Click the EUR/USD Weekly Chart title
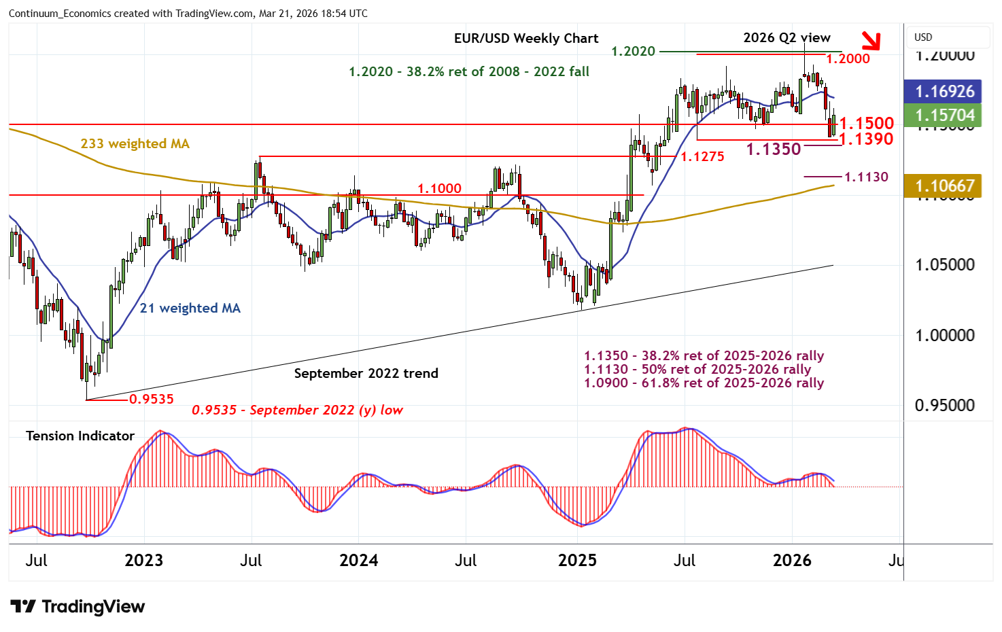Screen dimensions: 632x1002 pyautogui.click(x=526, y=39)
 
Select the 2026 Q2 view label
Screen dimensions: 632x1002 pyautogui.click(x=787, y=38)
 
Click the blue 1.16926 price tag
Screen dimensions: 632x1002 pyautogui.click(x=944, y=92)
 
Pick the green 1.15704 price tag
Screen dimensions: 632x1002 pyautogui.click(x=944, y=116)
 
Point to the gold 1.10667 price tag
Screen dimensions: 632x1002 pyautogui.click(x=944, y=186)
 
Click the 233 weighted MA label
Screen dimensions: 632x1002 pyautogui.click(x=135, y=143)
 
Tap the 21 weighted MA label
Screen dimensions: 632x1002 pyautogui.click(x=190, y=308)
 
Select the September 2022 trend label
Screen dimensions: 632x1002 pyautogui.click(x=366, y=373)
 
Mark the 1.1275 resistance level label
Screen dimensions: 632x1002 pyautogui.click(x=702, y=157)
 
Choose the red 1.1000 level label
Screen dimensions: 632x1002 pyautogui.click(x=439, y=188)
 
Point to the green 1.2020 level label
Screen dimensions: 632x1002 pyautogui.click(x=633, y=52)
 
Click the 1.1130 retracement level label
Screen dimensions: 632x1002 pyautogui.click(x=866, y=177)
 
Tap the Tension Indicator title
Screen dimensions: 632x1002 pyautogui.click(x=80, y=436)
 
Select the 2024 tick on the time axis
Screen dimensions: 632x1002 pyautogui.click(x=358, y=561)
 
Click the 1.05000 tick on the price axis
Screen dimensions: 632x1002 pyautogui.click(x=944, y=265)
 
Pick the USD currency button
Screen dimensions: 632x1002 pyautogui.click(x=923, y=37)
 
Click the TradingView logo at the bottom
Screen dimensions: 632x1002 pyautogui.click(x=77, y=606)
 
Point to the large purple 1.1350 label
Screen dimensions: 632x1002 pyautogui.click(x=774, y=150)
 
